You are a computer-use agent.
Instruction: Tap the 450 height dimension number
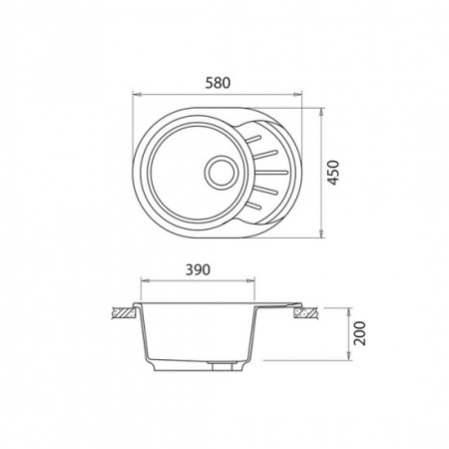[343, 172]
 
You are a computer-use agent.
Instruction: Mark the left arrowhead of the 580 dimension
[136, 96]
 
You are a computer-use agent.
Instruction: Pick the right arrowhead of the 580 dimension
[300, 96]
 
